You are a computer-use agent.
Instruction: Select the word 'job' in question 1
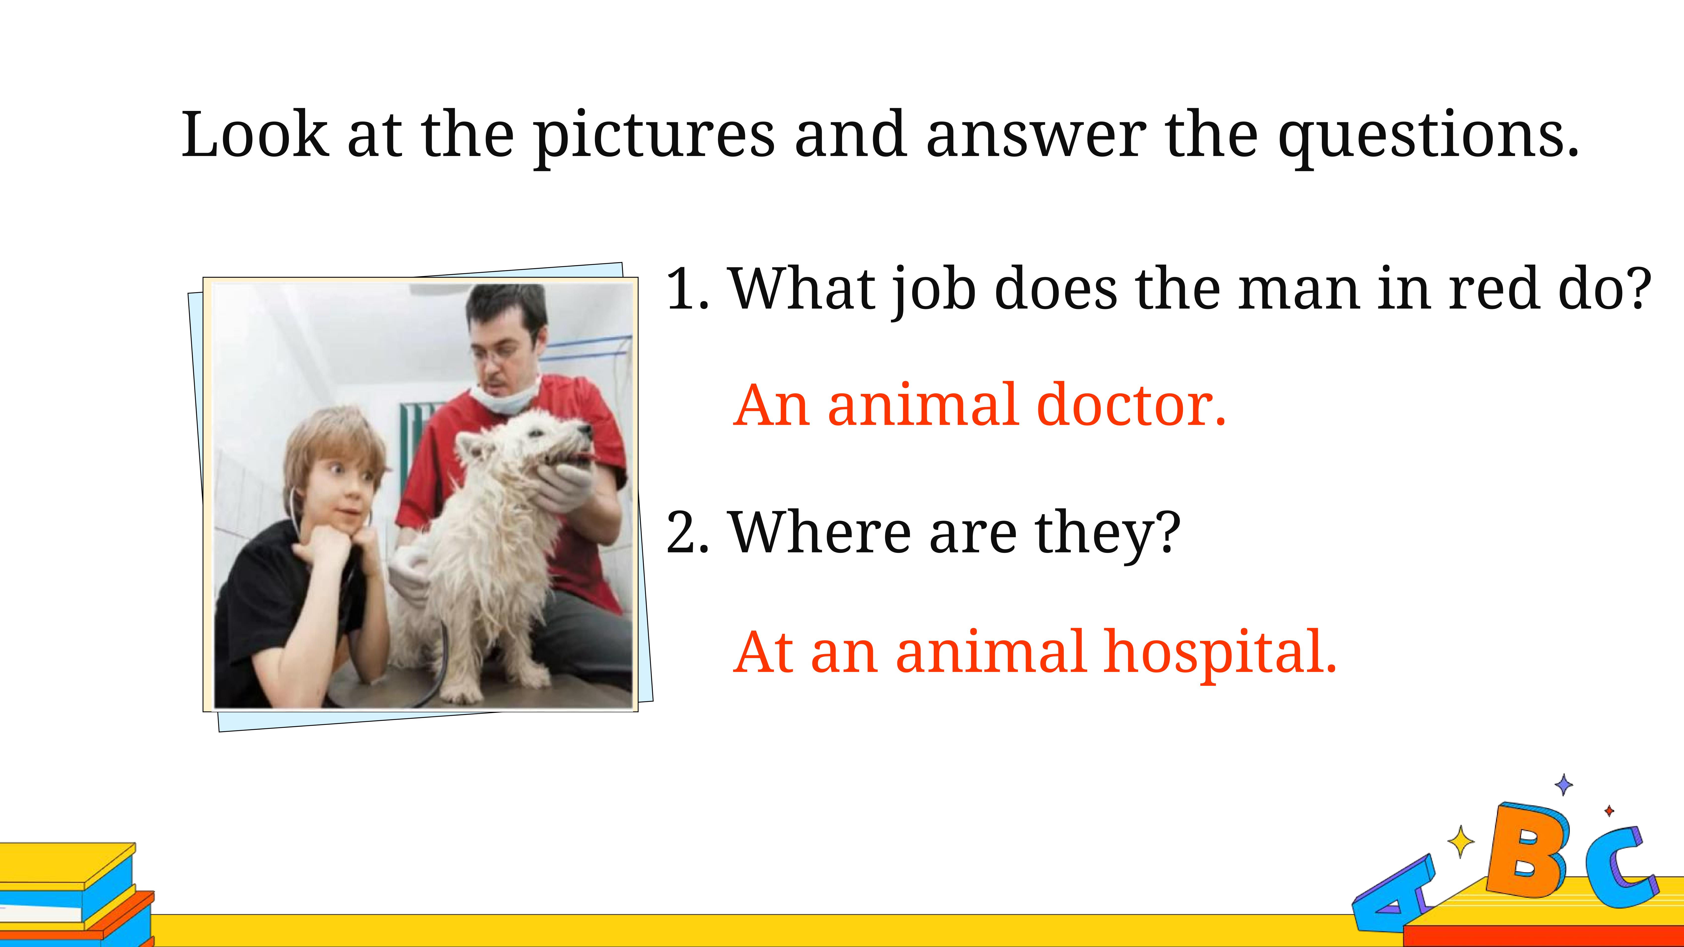tap(935, 291)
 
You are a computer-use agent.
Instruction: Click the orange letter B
tap(1526, 850)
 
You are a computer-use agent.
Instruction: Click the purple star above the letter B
tap(1564, 784)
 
